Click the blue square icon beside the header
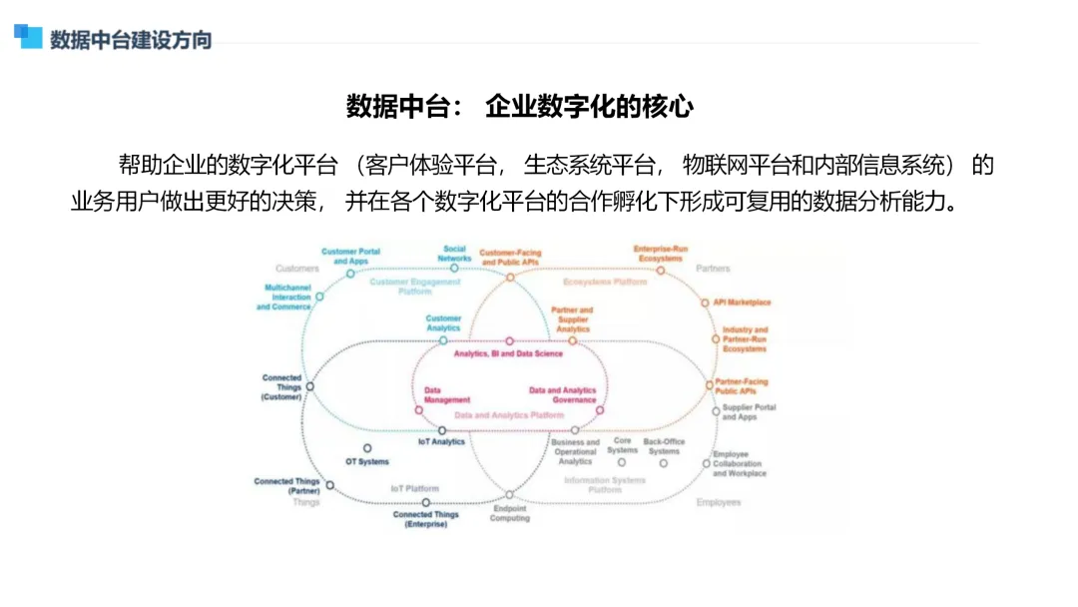point(28,37)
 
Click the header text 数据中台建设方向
point(131,40)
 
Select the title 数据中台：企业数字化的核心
point(519,107)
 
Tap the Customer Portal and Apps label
point(350,257)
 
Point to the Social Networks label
point(454,254)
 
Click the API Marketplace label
point(742,302)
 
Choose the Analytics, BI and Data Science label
point(508,353)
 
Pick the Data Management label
point(446,395)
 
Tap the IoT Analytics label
point(441,441)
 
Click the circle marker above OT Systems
point(367,448)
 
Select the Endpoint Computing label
point(510,513)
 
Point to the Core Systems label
point(622,445)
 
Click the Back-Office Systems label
point(664,445)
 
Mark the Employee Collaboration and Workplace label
point(740,463)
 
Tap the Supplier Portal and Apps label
point(749,412)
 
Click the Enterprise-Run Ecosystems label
point(661,254)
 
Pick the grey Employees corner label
point(719,502)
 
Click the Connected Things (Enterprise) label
point(426,519)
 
